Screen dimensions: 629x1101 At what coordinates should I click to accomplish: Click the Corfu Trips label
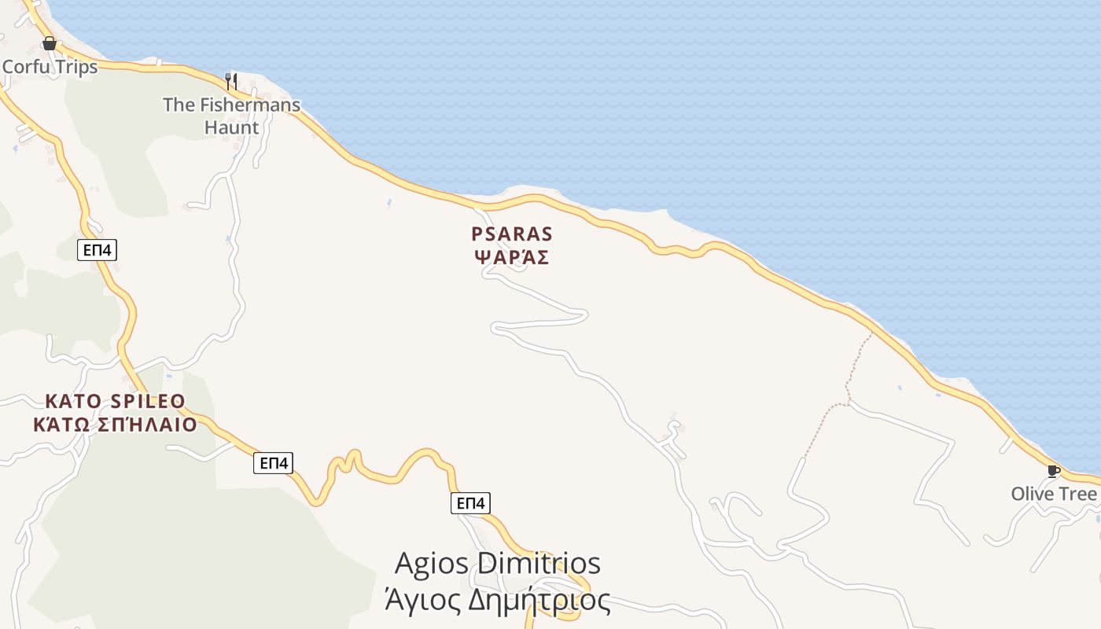(x=50, y=67)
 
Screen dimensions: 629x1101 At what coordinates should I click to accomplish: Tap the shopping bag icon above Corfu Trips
(x=49, y=42)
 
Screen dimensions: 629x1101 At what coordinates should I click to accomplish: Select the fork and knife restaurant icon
(x=230, y=81)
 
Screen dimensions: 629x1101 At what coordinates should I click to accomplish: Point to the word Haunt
(x=231, y=127)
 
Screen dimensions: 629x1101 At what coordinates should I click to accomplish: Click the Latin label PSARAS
(x=511, y=234)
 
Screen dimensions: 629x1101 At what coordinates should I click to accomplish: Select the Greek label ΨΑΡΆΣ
(x=511, y=257)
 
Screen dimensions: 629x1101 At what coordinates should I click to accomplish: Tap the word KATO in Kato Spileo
(x=73, y=402)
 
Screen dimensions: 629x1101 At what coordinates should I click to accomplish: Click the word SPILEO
(x=148, y=402)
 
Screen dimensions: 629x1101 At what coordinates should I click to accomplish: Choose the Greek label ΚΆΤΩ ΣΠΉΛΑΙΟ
(x=114, y=425)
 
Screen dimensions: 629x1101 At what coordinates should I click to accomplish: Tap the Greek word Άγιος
(x=422, y=601)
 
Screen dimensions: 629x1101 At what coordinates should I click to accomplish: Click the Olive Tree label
(x=1053, y=494)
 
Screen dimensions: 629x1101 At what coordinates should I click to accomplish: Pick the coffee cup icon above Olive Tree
(x=1053, y=472)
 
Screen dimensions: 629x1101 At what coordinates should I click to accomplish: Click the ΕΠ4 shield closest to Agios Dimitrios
(x=470, y=503)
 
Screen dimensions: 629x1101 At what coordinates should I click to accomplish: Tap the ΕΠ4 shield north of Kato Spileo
(x=98, y=251)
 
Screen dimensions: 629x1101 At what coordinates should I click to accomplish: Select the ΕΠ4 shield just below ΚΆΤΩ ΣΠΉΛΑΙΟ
(x=274, y=463)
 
